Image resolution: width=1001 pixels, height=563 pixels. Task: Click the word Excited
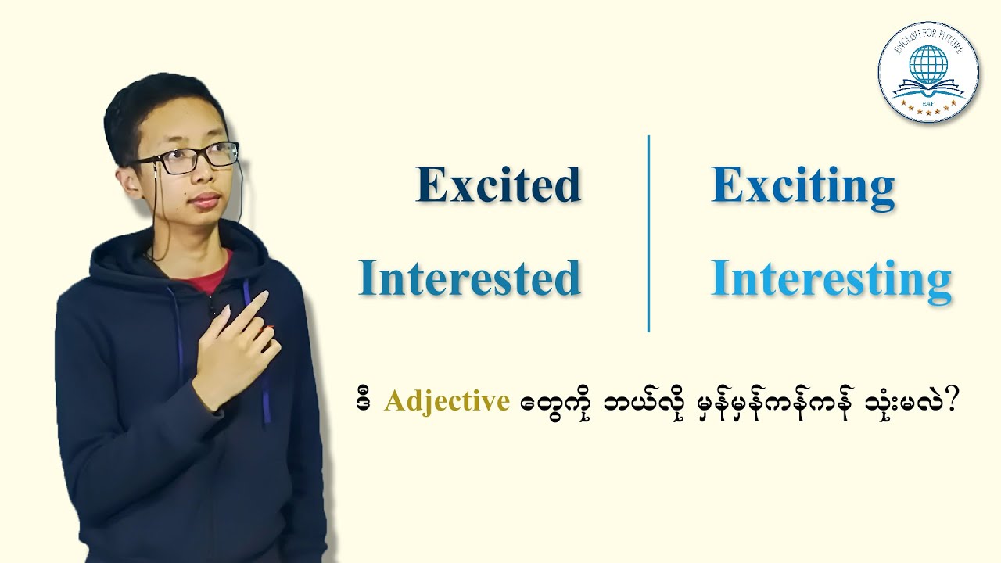498,185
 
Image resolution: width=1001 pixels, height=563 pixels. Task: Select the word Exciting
802,186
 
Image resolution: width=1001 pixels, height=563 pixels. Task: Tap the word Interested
469,278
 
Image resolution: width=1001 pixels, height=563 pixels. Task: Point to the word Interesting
831,278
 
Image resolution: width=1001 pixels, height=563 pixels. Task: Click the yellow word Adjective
447,402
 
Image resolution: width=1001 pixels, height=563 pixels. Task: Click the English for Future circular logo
928,71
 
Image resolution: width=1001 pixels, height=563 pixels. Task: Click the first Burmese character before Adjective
362,402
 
